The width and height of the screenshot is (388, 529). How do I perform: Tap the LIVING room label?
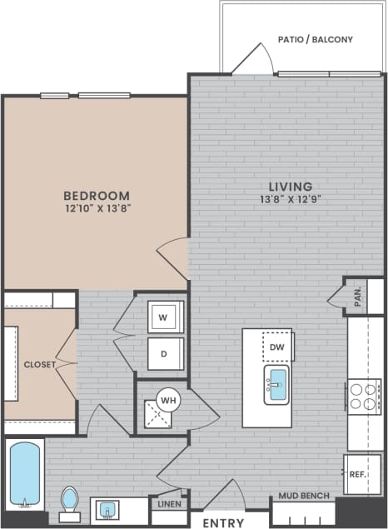click(x=290, y=186)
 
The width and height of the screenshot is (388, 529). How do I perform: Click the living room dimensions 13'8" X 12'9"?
click(x=290, y=199)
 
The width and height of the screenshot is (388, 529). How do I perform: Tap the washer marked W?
click(x=163, y=317)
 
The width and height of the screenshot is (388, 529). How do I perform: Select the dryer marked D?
click(x=164, y=353)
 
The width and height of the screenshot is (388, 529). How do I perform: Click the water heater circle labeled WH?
click(x=169, y=400)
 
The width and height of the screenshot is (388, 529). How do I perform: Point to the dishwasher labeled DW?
click(x=277, y=347)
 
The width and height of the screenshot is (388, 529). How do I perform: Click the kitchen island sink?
click(x=276, y=385)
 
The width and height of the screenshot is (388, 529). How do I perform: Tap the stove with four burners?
click(x=363, y=397)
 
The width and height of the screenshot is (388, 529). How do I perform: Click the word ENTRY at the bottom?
click(x=223, y=522)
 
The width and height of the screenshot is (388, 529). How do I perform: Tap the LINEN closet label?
click(x=167, y=503)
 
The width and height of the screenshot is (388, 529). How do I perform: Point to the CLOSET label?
click(x=39, y=364)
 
